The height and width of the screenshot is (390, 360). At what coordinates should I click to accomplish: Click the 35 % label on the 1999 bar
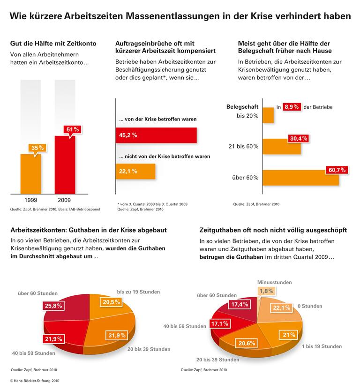click(37, 148)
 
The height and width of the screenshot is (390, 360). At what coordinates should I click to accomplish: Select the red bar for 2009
click(65, 164)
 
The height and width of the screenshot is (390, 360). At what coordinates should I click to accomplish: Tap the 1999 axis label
click(30, 200)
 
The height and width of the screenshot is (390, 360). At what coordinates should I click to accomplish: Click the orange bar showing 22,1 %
click(135, 172)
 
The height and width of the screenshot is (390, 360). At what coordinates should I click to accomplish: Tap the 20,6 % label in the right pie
click(247, 344)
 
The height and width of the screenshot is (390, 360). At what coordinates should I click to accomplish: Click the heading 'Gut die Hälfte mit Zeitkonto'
click(53, 44)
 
